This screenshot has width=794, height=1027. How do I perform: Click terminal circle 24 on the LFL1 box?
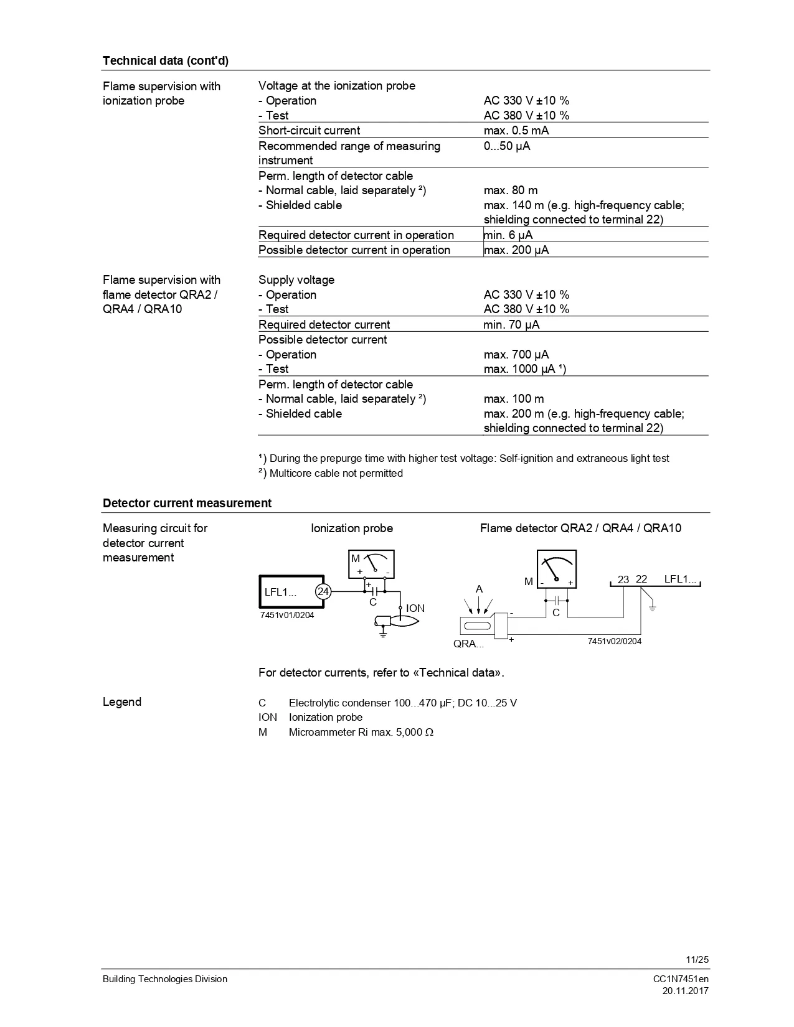tap(323, 592)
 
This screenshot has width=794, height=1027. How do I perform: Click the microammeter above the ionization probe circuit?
tap(372, 564)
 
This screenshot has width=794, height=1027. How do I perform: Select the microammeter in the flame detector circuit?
tap(557, 569)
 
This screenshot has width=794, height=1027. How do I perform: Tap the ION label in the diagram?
tap(415, 608)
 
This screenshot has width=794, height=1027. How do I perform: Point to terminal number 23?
tap(623, 579)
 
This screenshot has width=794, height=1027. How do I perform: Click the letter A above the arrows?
tap(479, 589)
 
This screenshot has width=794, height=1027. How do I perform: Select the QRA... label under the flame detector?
tap(468, 644)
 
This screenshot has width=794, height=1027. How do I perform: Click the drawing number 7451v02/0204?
tap(614, 641)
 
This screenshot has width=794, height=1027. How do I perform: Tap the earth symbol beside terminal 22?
tap(652, 606)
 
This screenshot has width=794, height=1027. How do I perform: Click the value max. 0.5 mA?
tap(516, 131)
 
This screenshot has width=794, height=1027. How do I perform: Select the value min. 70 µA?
tap(511, 325)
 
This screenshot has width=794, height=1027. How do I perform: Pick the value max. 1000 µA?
tap(524, 369)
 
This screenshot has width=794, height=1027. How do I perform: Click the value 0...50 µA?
tap(507, 146)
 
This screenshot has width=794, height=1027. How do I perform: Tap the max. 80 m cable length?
tap(511, 190)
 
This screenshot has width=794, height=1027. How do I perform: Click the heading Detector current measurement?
tap(187, 503)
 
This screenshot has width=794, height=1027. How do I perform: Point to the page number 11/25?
tap(697, 960)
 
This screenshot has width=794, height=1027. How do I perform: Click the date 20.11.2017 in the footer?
tap(685, 991)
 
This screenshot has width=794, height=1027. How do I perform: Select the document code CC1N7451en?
tap(681, 979)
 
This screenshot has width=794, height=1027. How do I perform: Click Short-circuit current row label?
tap(309, 131)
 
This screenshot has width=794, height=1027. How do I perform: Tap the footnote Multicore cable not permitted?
tap(336, 474)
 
